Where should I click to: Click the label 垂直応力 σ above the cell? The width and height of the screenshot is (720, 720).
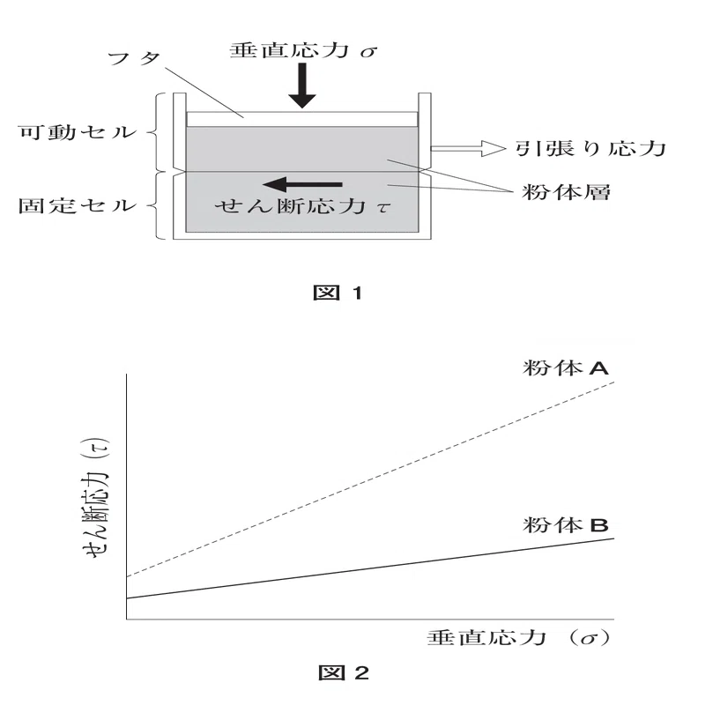pos(303,50)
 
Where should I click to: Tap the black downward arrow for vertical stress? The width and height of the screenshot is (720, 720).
pos(302,85)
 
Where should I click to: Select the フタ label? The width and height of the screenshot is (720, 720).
pos(134,59)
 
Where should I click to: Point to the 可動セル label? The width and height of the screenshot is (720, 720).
pos(78,132)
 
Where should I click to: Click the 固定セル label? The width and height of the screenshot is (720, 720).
pos(78,205)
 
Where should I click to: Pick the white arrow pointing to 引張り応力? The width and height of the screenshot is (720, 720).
pos(467,148)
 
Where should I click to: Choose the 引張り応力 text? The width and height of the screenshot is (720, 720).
pos(590,148)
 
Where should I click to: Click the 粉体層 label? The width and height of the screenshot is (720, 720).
pos(566,192)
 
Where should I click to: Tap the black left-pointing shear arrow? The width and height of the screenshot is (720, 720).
pos(302,184)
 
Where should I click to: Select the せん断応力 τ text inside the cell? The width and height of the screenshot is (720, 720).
pos(302,206)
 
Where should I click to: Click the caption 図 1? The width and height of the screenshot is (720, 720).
pos(338,293)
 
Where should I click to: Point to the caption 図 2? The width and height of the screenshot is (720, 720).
pos(344,673)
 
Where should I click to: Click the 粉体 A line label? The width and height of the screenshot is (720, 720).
pos(566,368)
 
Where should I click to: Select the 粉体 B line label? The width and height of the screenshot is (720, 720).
pos(566,524)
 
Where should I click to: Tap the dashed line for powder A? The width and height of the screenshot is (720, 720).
pos(370,479)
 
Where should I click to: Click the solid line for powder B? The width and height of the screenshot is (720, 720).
pos(370,568)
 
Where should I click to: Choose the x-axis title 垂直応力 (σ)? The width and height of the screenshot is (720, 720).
pos(519,638)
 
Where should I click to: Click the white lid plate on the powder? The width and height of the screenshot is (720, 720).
pos(302,119)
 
